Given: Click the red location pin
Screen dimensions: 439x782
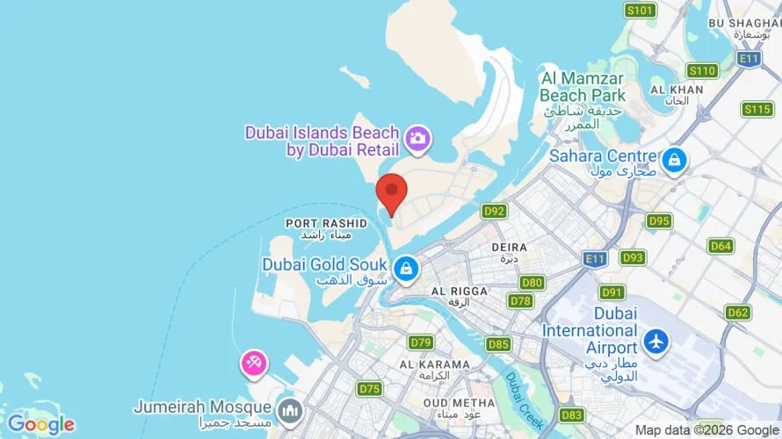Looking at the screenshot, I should coord(391,192).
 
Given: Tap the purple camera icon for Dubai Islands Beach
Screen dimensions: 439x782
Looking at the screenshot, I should coord(416,138).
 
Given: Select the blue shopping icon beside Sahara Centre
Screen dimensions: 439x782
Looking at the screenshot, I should coord(674,160).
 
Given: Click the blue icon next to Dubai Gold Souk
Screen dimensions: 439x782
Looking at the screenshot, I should coord(406,268).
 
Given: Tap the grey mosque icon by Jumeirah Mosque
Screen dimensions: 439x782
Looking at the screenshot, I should coord(289,409).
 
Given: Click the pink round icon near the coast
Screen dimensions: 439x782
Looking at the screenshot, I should coord(254,363).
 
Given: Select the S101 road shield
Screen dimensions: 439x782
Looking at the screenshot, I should coord(641,11).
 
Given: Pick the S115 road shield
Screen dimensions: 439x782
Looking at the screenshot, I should coord(757,109).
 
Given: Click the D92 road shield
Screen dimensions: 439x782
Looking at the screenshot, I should coord(495,211).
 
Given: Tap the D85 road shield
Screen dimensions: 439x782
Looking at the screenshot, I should coord(498,344).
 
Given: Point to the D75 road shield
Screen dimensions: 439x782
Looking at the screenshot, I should coord(370,388).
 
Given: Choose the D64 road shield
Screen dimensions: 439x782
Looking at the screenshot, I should coord(720,246).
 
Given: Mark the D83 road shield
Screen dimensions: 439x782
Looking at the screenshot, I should coord(572,414).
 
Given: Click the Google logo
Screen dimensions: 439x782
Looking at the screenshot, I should coord(41,425).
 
